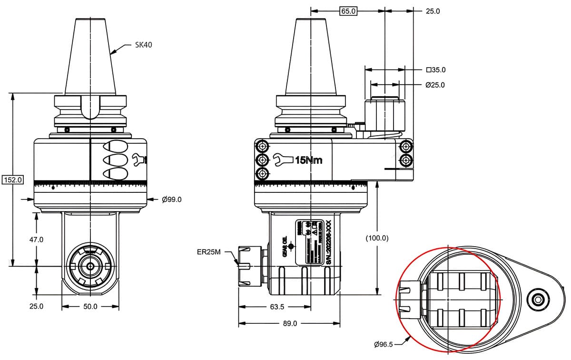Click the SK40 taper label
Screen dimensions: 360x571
[143, 45]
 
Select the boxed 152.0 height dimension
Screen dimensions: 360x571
[13, 180]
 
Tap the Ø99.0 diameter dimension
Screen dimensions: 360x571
[171, 200]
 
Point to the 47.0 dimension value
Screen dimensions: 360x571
[36, 240]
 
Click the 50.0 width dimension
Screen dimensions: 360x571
[90, 307]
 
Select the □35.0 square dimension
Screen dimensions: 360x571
[435, 70]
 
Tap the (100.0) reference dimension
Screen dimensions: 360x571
[377, 238]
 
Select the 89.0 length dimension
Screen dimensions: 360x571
[289, 323]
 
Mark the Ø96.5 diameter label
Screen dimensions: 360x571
[384, 344]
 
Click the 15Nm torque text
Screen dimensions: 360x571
[308, 160]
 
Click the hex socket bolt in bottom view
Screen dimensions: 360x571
[538, 299]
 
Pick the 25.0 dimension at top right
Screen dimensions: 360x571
[432, 11]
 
